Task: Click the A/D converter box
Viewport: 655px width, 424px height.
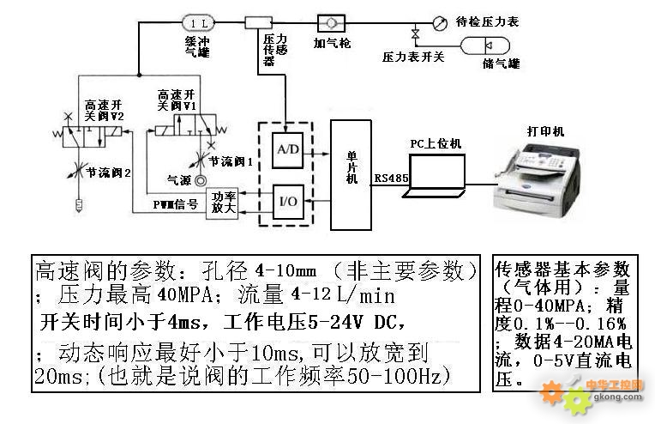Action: pyautogui.click(x=286, y=149)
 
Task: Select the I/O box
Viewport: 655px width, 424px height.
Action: pyautogui.click(x=286, y=200)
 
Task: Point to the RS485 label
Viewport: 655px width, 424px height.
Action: pyautogui.click(x=390, y=179)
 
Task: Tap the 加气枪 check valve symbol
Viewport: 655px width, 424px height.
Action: pyautogui.click(x=330, y=22)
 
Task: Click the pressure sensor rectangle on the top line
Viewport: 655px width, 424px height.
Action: pyautogui.click(x=258, y=22)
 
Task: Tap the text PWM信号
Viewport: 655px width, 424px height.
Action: pyautogui.click(x=175, y=204)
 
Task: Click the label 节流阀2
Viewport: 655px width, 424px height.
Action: pyautogui.click(x=109, y=172)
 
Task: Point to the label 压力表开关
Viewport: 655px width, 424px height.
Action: pyautogui.click(x=413, y=57)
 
